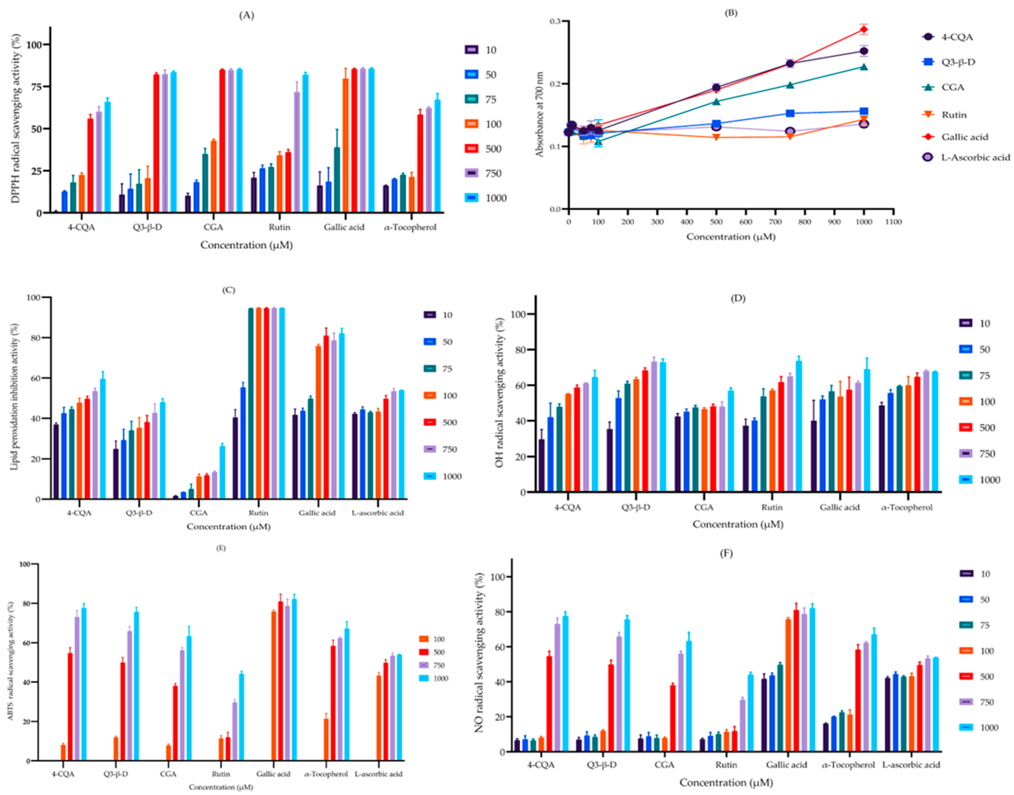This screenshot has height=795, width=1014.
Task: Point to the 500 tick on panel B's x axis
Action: tap(716, 222)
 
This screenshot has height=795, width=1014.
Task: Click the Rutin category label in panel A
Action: tap(279, 227)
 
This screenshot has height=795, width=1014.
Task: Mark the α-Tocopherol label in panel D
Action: tap(907, 507)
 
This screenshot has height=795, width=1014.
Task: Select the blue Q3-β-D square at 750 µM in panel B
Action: tap(790, 113)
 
